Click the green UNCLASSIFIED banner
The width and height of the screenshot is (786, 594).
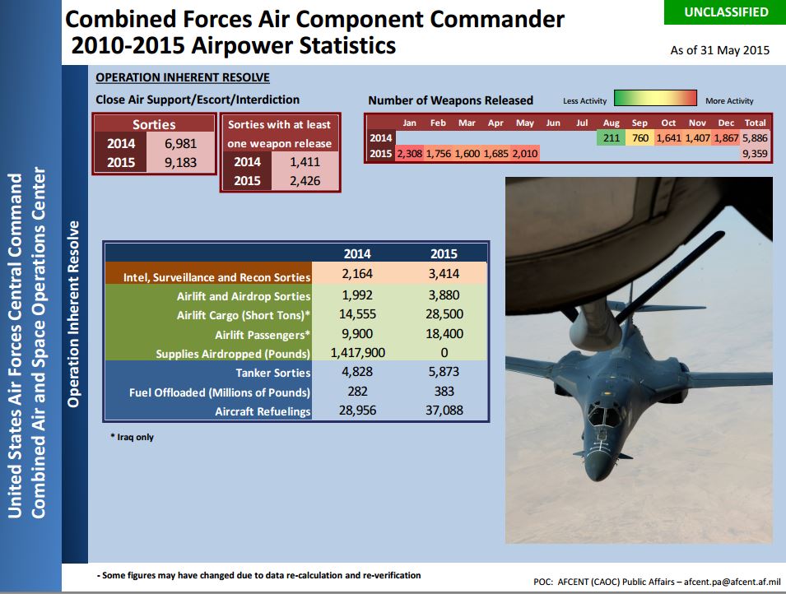coord(724,12)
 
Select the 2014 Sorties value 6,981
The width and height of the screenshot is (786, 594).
coord(180,144)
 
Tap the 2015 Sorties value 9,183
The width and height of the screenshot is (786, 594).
coord(180,162)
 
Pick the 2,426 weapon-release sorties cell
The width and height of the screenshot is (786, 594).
coord(305,180)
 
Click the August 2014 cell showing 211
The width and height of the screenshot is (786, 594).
coord(611,138)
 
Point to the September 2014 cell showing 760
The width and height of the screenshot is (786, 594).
coord(640,138)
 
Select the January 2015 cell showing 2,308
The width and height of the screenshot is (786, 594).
coord(410,153)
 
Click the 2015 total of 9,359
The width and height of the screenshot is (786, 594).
coord(755,153)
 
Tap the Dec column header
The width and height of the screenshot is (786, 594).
coord(726,123)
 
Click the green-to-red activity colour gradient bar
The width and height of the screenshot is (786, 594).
coord(655,98)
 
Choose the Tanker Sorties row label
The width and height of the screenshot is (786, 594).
coord(273,373)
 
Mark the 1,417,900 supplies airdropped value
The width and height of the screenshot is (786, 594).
coord(357,353)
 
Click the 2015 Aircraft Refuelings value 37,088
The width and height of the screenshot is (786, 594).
coord(444,411)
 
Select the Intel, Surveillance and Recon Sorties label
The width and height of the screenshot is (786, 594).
coord(217,277)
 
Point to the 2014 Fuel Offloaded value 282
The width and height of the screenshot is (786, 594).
coord(357,392)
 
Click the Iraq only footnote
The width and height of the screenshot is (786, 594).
coord(133,437)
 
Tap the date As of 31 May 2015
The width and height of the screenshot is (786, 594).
coord(720,50)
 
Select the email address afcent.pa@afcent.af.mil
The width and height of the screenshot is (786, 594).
coord(733,582)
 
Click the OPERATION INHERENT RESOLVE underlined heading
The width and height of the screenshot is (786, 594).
coord(183,77)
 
